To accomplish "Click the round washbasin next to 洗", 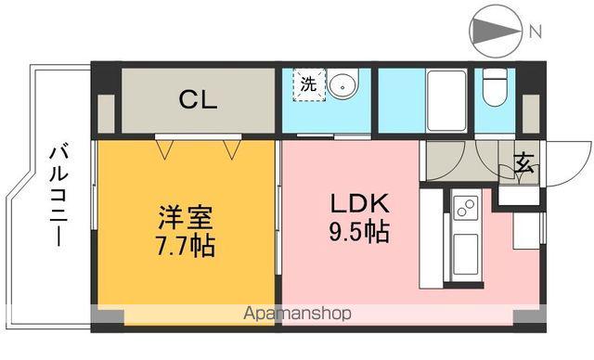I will [343, 84].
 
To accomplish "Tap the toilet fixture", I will [495, 89].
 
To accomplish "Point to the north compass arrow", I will [497, 32].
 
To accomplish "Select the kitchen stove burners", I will [464, 207].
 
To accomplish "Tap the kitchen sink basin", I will [464, 251].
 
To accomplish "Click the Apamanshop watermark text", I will [297, 314].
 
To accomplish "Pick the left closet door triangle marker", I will [166, 146].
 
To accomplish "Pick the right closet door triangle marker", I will [231, 146].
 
